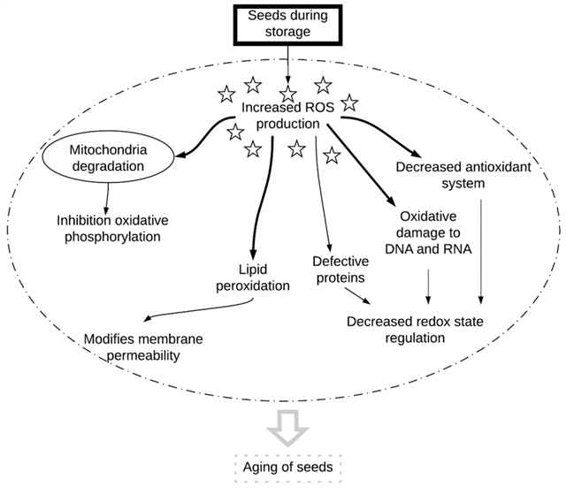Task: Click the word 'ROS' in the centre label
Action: coord(314,109)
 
